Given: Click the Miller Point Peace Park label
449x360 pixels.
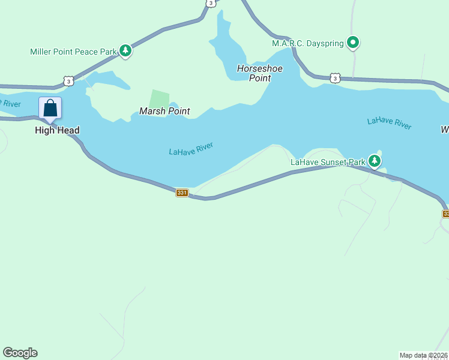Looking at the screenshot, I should pos(73,52).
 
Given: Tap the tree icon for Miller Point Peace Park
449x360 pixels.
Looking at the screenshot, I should pos(125,51).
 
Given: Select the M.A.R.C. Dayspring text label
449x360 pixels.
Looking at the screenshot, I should pos(308,43).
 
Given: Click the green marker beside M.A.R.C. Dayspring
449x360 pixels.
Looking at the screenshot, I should pos(354,43).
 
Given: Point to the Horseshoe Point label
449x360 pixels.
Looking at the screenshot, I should pos(260,73).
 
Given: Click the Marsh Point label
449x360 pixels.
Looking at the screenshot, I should pos(164,111).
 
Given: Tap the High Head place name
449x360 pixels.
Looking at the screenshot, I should pos(57,130).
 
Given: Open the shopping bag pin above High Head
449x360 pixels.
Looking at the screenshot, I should pos(50,109).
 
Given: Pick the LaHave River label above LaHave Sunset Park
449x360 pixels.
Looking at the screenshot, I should pos(389,122).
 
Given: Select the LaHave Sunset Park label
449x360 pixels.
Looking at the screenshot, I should pos(328,162).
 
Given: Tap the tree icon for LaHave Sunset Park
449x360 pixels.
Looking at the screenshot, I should pos(375,160).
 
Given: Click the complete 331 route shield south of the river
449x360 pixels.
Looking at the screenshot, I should pos(182,193).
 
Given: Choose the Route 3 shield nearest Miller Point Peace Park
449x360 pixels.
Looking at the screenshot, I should pos(68,81).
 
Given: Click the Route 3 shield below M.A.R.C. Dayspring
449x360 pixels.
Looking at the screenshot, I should pos(335,78).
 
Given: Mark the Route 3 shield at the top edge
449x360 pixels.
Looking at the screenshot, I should pos(210,3).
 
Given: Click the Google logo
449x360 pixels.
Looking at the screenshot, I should pos(20,353).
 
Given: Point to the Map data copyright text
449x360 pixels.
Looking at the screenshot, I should pos(424,355).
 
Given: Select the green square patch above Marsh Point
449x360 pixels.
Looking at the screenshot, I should pos(159,98).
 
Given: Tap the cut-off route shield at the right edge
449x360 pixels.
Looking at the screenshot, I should pos(446,214).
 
